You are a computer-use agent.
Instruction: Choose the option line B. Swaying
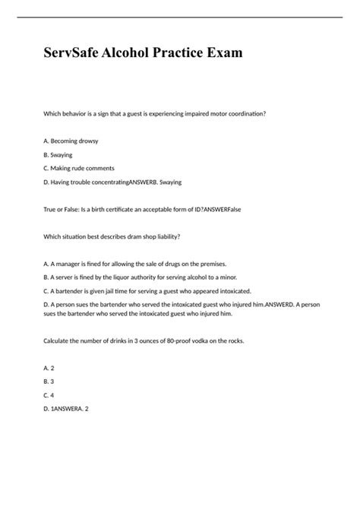tap(60, 155)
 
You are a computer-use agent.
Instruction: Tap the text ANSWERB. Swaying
tap(156, 182)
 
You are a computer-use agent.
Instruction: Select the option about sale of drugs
tap(136, 263)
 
